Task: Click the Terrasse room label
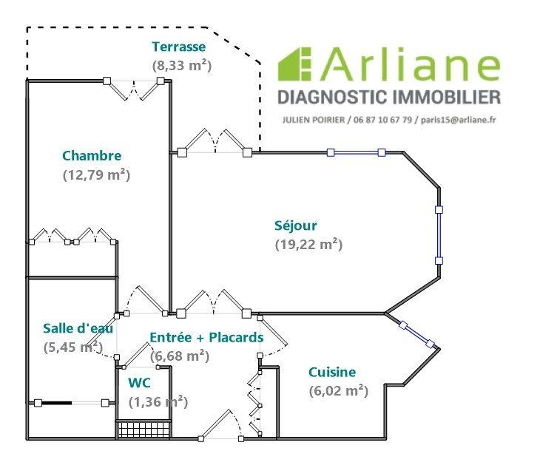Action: tap(178, 47)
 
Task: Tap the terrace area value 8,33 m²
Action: tap(182, 65)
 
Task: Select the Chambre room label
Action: tap(92, 156)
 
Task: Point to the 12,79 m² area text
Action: tap(96, 175)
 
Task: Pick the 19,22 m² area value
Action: tap(308, 244)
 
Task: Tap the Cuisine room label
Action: tap(332, 373)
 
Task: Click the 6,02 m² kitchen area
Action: tap(338, 391)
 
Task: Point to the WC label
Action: tap(140, 383)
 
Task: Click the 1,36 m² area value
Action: tap(158, 402)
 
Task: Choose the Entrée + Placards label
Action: tap(206, 338)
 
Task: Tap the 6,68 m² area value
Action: tap(179, 356)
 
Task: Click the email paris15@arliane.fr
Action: tap(459, 121)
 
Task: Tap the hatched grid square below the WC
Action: tap(145, 430)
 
